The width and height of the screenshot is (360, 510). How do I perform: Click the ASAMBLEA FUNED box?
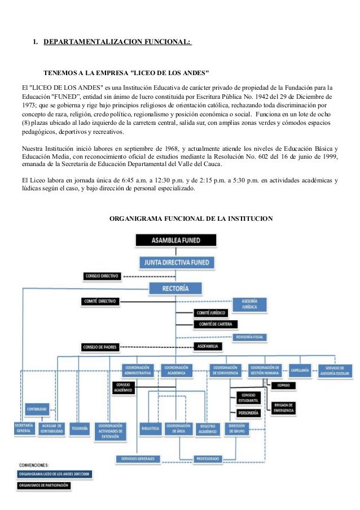click(x=175, y=240)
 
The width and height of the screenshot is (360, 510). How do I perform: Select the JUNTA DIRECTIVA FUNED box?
click(x=175, y=262)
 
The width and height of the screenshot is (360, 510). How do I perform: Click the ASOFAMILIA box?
click(x=208, y=345)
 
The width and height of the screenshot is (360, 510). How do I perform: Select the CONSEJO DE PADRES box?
click(x=99, y=346)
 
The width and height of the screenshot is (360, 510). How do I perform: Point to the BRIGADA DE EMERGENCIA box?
click(x=283, y=407)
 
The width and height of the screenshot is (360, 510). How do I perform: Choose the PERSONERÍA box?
click(x=248, y=413)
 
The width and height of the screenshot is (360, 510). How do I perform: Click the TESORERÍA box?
click(x=80, y=429)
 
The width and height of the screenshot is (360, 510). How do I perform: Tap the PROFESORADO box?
click(x=208, y=459)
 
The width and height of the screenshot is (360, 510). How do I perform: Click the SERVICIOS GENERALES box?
click(x=138, y=459)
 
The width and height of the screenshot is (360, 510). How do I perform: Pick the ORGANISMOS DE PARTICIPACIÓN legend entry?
click(x=43, y=485)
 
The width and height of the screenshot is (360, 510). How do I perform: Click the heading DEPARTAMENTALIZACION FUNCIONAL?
click(x=117, y=42)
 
